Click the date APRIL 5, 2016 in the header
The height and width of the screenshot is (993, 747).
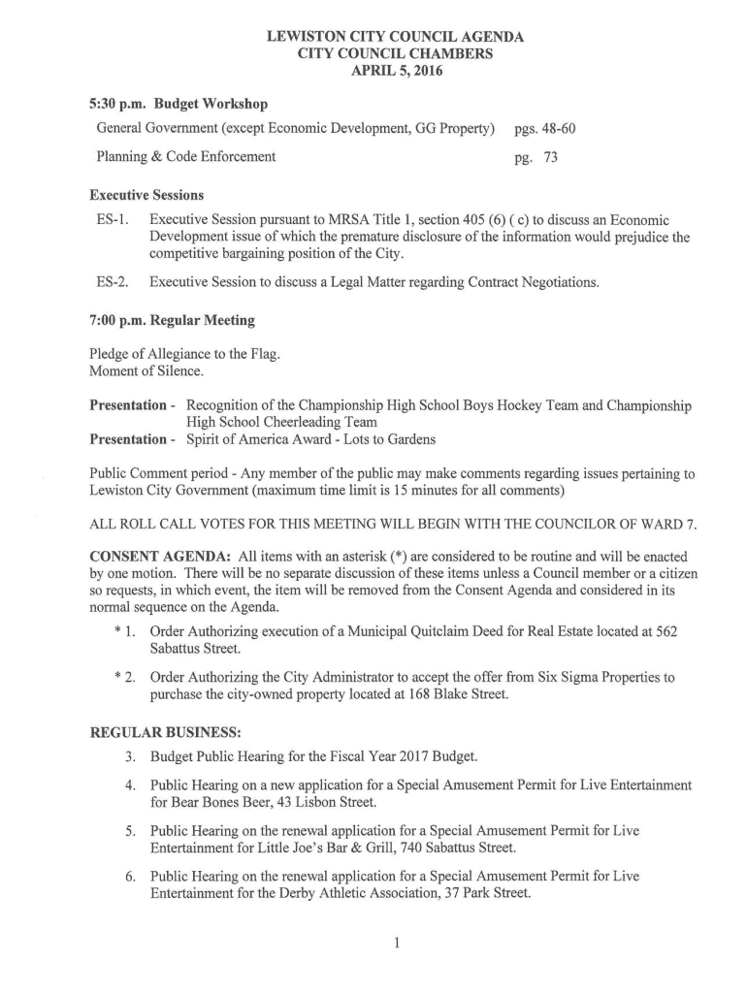click(395, 71)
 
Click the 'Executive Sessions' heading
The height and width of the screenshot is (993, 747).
click(146, 194)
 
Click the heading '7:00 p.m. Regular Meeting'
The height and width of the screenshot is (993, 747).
click(172, 320)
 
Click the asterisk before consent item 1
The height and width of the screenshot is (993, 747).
click(116, 632)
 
